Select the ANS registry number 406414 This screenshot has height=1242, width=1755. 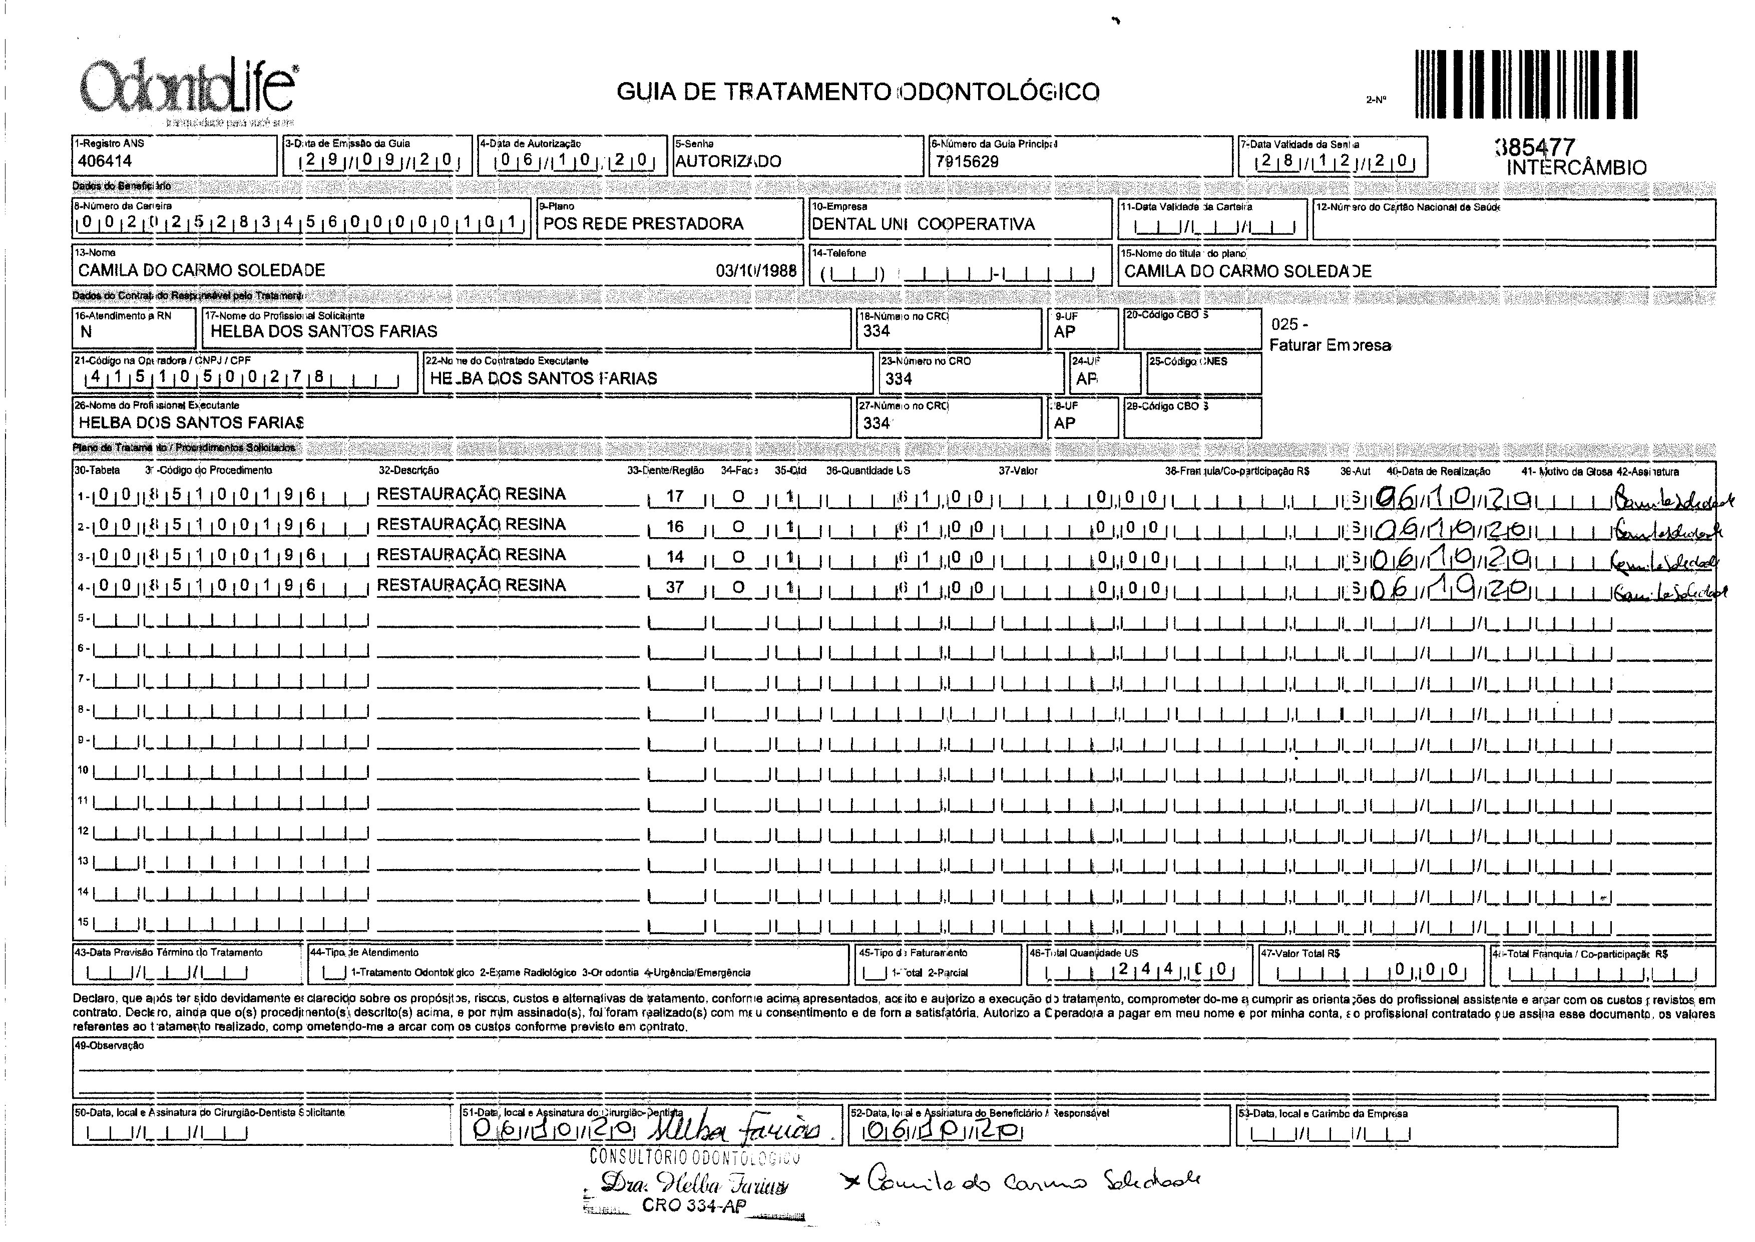pos(105,161)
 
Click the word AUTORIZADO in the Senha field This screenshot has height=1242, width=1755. pos(728,161)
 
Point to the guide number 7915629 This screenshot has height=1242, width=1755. pos(967,161)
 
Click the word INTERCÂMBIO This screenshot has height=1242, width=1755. pos(1576,168)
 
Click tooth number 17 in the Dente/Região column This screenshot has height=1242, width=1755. pos(674,496)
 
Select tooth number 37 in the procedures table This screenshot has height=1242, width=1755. pos(674,587)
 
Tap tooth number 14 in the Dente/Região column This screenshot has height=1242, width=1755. pos(674,557)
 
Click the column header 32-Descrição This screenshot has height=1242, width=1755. pos(408,471)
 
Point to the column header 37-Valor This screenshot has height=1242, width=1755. pos(1018,471)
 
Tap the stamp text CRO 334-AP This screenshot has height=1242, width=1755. pos(694,1206)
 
